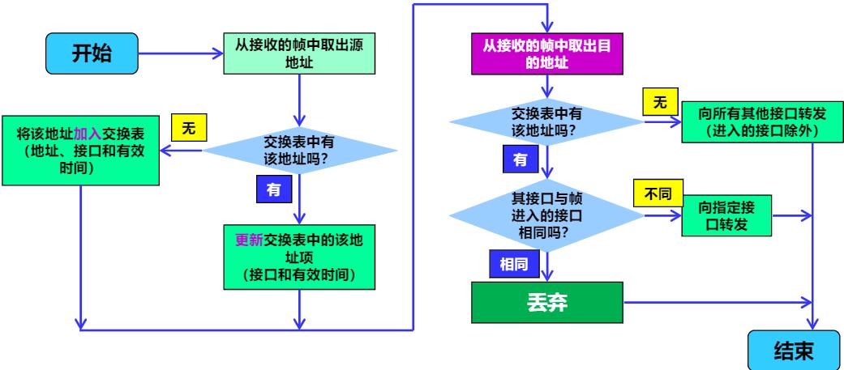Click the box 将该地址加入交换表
pos(81,150)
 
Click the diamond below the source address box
pos(300,150)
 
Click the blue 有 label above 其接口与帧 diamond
pos(521,159)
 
